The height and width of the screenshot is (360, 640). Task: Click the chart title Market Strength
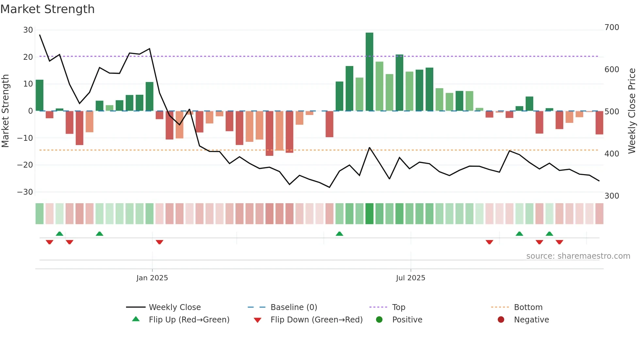47,9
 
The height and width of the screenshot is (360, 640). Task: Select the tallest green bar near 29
369,72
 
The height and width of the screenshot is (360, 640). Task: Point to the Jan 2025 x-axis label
152,278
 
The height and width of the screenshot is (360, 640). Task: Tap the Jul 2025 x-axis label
410,278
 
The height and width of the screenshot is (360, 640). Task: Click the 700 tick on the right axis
612,27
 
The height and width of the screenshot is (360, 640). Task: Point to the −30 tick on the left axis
25,192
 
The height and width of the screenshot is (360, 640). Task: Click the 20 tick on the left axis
28,57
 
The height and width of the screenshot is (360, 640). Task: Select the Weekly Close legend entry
174,307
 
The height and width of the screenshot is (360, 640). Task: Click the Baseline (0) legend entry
294,307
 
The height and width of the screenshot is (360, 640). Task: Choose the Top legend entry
398,307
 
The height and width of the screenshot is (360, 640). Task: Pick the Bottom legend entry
528,307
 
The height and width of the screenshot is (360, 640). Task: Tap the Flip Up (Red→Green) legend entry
189,319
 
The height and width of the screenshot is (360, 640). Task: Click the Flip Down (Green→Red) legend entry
316,319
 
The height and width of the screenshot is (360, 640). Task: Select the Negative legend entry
531,319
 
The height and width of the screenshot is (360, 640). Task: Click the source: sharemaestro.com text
578,256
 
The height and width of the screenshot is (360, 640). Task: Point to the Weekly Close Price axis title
632,111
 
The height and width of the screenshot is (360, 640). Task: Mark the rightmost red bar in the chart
599,123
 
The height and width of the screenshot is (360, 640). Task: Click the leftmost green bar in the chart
40,95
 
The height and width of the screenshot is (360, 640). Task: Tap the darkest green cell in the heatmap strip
369,214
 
